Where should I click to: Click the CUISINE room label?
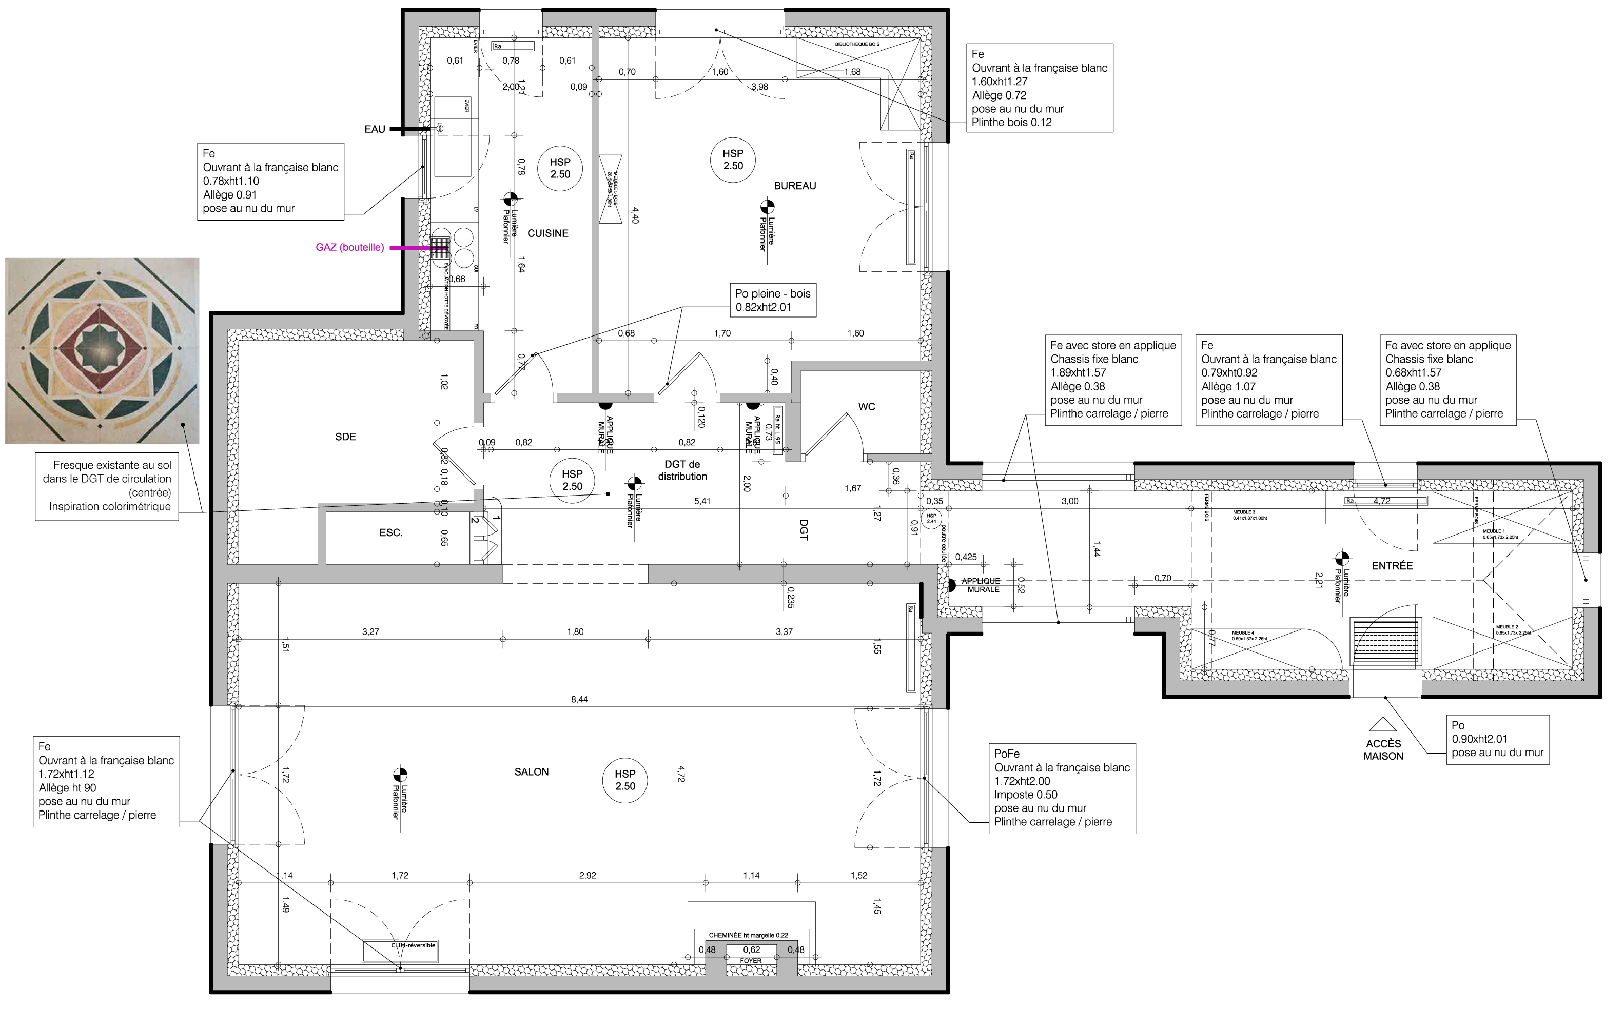(547, 233)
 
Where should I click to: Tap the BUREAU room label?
(794, 186)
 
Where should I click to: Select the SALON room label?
(532, 771)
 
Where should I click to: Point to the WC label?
(867, 407)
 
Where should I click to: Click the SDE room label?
(345, 437)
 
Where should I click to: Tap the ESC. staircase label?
(390, 532)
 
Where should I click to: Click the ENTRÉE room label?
(1392, 566)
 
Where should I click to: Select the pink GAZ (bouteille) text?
(349, 247)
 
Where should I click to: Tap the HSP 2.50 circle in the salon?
(625, 780)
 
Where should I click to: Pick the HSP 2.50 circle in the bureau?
(733, 160)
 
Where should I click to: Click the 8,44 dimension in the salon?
(579, 699)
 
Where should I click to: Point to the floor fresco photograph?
(102, 350)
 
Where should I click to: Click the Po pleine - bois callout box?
(773, 300)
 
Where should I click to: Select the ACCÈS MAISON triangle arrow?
(1382, 724)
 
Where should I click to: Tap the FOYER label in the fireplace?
(751, 961)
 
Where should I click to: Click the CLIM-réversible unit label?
(413, 945)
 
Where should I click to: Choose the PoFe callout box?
(1062, 788)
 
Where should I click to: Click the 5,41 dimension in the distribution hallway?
(702, 501)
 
